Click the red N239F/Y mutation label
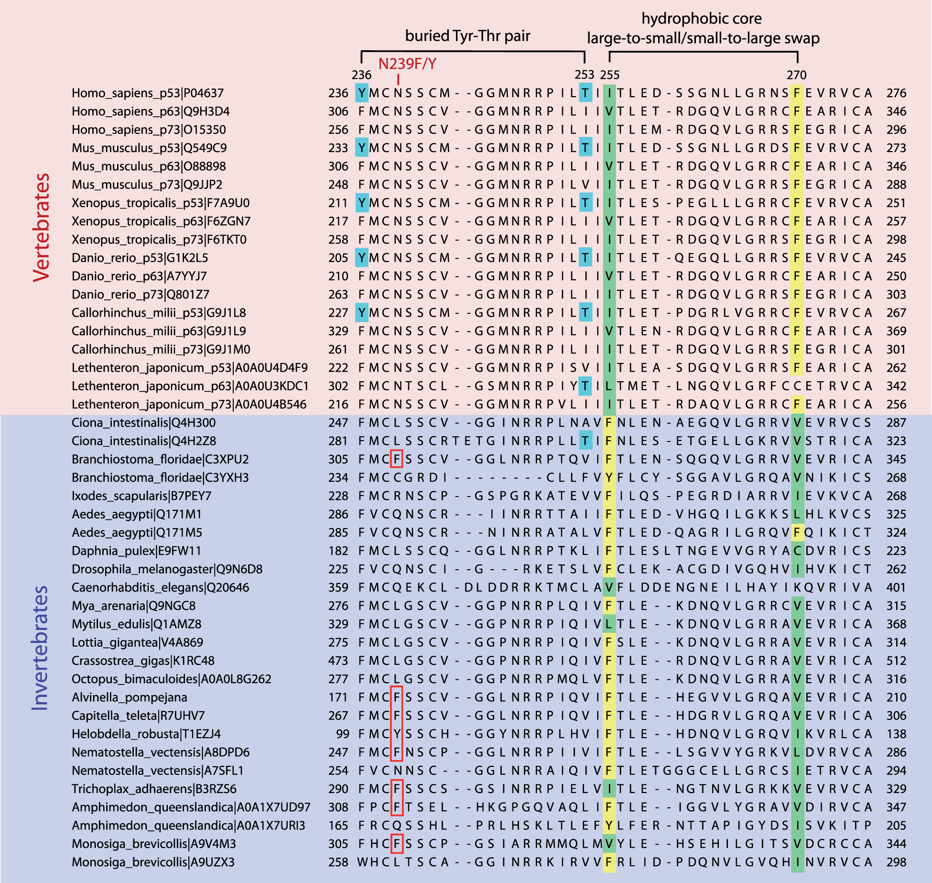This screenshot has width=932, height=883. click(407, 64)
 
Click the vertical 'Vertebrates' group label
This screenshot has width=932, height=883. click(42, 227)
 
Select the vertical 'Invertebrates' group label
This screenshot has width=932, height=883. click(41, 648)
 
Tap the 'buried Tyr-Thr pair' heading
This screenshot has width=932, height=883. click(467, 36)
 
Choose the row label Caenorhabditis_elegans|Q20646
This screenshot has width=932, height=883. click(160, 587)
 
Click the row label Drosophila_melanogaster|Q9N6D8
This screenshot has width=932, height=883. click(167, 569)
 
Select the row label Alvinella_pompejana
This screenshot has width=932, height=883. click(129, 697)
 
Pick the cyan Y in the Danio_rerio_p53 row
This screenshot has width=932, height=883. click(362, 258)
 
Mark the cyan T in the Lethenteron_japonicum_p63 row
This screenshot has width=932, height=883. click(585, 386)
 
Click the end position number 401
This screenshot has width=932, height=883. click(896, 587)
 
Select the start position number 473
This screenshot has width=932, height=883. click(338, 661)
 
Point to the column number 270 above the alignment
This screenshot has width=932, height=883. click(796, 75)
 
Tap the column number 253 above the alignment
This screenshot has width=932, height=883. click(584, 75)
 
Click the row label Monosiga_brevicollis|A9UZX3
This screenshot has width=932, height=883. click(153, 862)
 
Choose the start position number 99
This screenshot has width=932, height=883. click(342, 734)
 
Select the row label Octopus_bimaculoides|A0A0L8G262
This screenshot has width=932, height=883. click(171, 679)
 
